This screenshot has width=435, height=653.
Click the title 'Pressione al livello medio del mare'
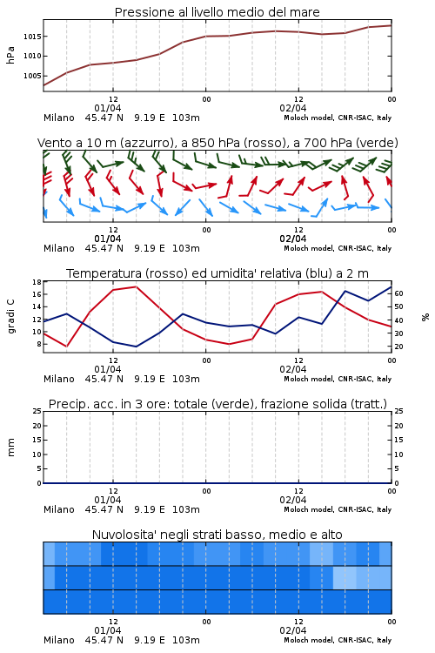(x=217, y=12)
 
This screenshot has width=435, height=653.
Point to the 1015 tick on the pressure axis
(x=32, y=37)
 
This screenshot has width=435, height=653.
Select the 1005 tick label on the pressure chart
(x=32, y=76)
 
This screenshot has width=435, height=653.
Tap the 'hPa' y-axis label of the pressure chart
(x=10, y=55)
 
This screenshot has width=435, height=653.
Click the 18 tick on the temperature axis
(x=37, y=282)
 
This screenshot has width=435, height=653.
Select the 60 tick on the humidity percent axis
(x=398, y=293)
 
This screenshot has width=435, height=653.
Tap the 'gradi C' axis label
(x=10, y=317)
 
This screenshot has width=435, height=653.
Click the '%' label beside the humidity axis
(x=425, y=317)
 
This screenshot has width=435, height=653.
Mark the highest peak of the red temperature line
(x=136, y=286)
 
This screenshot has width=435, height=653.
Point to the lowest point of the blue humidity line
(x=136, y=347)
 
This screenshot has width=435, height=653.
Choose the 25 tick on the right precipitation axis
(x=398, y=411)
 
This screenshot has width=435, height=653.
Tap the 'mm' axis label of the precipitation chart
(x=10, y=448)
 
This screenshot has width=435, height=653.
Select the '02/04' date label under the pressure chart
(x=293, y=108)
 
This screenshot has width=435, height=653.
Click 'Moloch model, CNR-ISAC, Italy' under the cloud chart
(x=338, y=640)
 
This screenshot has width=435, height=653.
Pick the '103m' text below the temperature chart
(x=185, y=379)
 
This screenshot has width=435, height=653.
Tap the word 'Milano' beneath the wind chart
(x=59, y=248)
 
